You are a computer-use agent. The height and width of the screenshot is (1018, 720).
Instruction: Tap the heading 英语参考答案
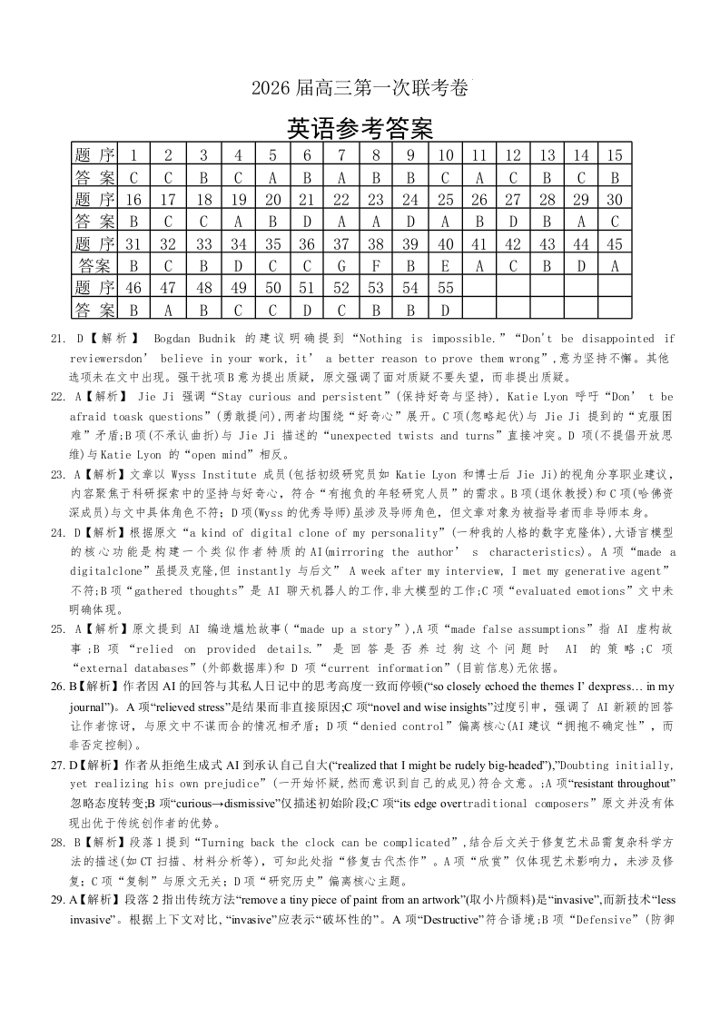pos(360,127)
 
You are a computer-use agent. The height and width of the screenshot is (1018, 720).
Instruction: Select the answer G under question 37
pos(341,266)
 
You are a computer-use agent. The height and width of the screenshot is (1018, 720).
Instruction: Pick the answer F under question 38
pos(376,266)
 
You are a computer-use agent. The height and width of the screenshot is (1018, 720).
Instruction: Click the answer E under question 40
pos(445,266)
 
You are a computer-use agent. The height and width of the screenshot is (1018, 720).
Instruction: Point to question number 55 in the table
pos(445,289)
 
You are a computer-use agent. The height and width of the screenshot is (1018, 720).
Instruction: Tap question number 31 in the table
pos(133,243)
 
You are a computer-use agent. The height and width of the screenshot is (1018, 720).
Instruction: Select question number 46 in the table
pos(133,289)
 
